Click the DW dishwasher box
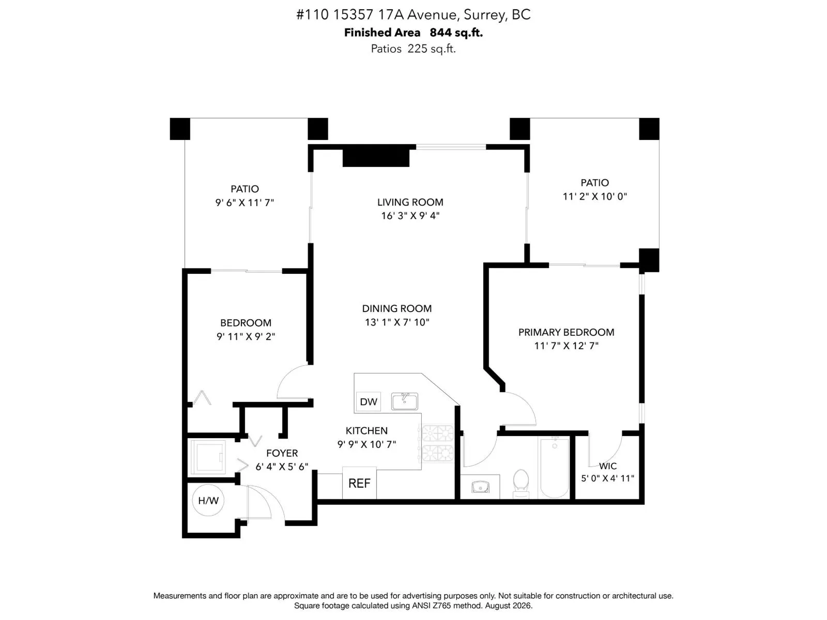(367, 401)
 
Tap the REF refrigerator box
(359, 483)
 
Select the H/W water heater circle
(208, 500)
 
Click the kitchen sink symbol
(404, 401)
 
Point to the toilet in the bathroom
(521, 484)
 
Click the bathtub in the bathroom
(554, 468)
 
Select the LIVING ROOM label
(410, 202)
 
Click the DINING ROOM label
(397, 308)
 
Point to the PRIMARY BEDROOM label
(566, 332)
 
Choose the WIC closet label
(608, 466)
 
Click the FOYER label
(282, 453)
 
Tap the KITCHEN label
(366, 431)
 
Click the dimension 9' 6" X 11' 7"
(244, 203)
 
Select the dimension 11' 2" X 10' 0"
(594, 196)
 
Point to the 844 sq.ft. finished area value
(456, 33)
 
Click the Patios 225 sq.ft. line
(413, 49)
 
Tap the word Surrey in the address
(484, 14)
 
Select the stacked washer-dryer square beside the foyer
(208, 457)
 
